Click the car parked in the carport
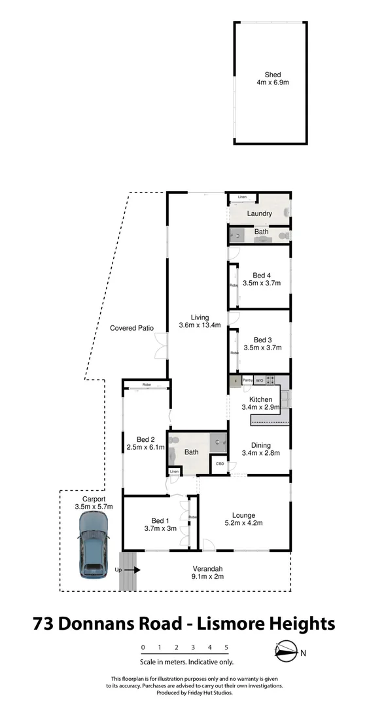[94, 544]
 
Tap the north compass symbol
[285, 651]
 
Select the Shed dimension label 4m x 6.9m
[273, 84]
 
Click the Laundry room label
[259, 214]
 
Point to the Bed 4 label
[262, 275]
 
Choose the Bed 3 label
[262, 340]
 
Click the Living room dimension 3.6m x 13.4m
[200, 325]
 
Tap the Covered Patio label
[131, 328]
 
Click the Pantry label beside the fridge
[247, 380]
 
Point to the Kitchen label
[260, 399]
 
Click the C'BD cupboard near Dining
[220, 463]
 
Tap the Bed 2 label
[145, 439]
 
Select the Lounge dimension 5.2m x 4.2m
[243, 524]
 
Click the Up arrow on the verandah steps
[130, 570]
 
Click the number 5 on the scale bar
[226, 647]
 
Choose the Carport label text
[94, 499]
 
